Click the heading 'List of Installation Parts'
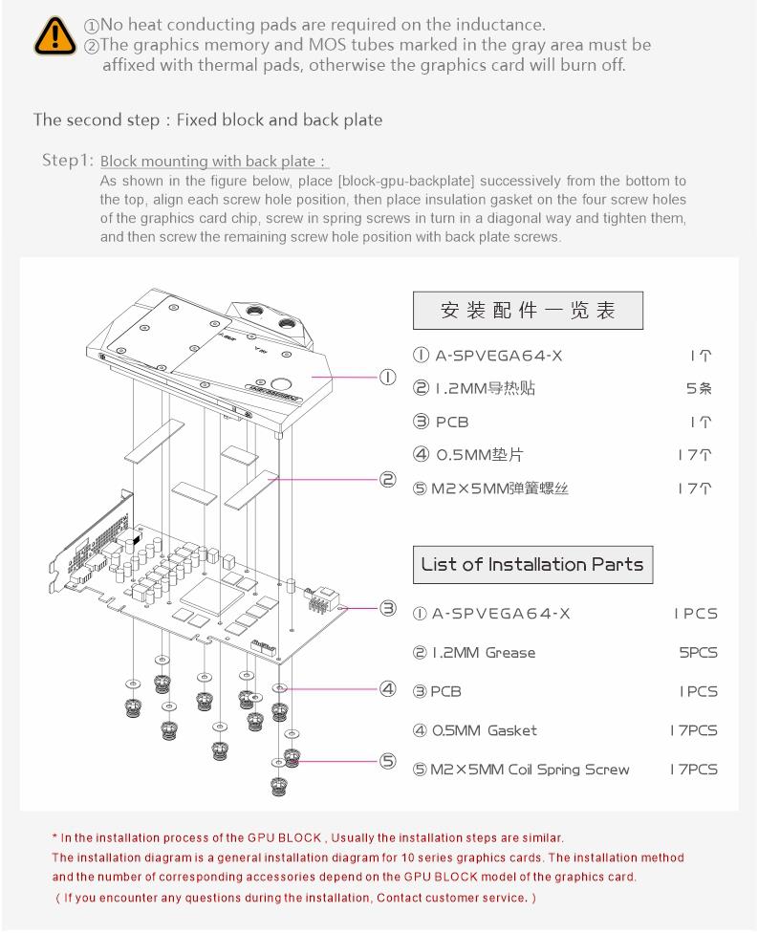[x=532, y=564]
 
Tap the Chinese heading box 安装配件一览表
[x=528, y=311]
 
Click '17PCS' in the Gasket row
[x=693, y=730]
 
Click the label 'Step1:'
[x=68, y=160]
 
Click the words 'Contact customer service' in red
[x=450, y=898]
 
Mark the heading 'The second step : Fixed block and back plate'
[x=207, y=119]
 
